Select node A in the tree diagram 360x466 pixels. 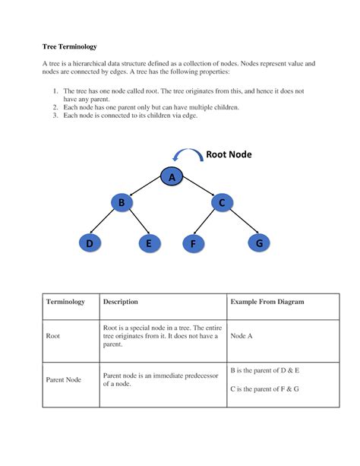172,177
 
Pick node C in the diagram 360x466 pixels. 223,203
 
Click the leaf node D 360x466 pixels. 90,243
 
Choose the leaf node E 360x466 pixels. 150,243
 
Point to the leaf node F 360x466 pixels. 194,243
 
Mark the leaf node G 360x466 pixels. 259,243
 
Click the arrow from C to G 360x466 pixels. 242,223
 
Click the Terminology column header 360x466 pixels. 66,302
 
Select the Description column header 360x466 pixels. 120,302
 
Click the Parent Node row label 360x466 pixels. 64,379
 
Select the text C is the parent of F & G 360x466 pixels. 264,388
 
